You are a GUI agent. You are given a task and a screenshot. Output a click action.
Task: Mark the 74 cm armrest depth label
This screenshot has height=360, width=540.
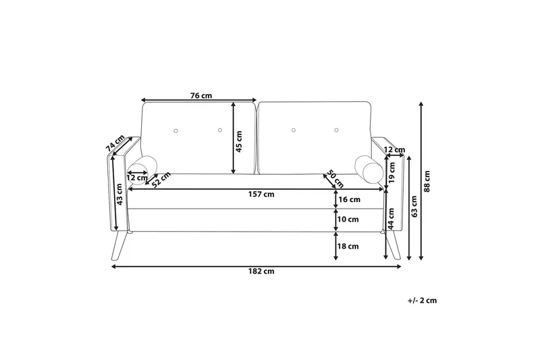(115, 145)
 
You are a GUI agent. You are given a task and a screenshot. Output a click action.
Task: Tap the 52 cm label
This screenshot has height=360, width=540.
(160, 180)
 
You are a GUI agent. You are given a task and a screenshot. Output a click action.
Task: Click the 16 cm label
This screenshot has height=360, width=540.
(350, 200)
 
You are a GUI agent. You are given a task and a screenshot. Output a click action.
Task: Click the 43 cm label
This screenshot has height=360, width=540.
(119, 195)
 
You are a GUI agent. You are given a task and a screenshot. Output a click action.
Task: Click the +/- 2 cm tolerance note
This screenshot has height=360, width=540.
(423, 301)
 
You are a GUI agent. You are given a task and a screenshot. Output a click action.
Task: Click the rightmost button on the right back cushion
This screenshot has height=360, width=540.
(337, 128)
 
